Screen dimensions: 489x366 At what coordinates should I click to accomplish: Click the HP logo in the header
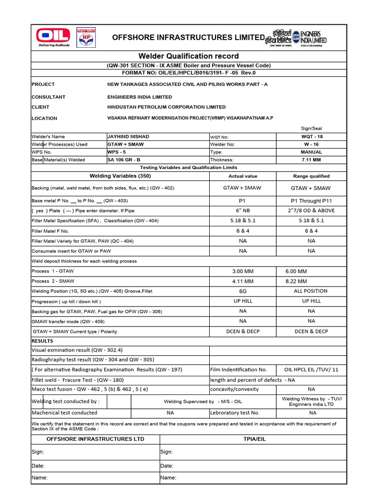coord(85,37)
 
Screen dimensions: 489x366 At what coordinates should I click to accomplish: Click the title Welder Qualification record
coord(189,56)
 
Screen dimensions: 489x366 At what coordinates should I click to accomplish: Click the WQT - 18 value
coord(312,137)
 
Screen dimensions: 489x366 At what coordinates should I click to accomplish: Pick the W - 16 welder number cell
coord(312,144)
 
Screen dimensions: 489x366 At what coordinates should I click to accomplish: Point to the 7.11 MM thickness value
coord(312,160)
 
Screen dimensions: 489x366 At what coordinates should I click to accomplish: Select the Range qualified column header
coord(311,176)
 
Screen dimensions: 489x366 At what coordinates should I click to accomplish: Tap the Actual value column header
coord(243,176)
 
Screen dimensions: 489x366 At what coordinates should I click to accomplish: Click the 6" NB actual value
coord(243,211)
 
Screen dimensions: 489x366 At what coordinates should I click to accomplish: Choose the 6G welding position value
coord(243,291)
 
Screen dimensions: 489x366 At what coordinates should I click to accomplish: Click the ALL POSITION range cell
coord(311,291)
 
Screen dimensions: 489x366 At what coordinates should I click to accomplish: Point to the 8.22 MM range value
coord(296,281)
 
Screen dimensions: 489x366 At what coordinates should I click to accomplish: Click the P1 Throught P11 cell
coord(311,201)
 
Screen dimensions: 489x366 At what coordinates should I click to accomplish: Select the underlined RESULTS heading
coord(42,341)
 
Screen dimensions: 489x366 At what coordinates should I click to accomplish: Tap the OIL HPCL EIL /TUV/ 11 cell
coord(311,370)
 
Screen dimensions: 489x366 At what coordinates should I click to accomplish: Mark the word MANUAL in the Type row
coord(312,152)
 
